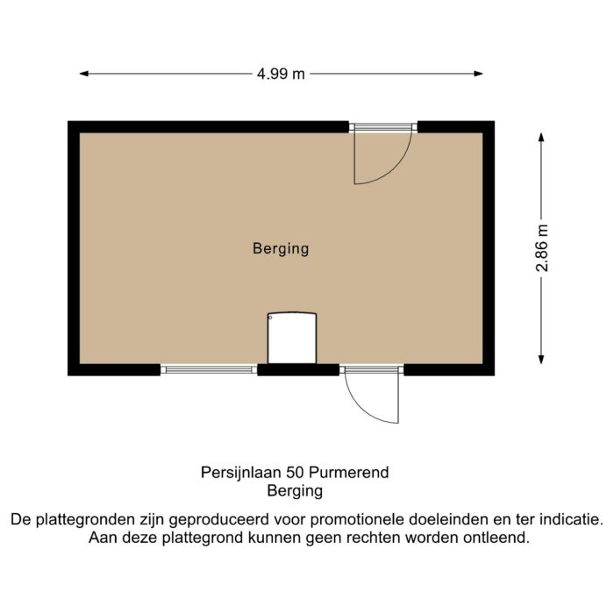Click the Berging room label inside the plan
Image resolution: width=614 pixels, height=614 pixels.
(x=281, y=248)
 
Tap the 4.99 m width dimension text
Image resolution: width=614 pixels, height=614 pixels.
(x=281, y=75)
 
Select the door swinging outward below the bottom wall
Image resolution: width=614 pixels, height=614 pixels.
(x=373, y=399)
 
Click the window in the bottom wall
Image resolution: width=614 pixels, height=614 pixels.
(x=209, y=369)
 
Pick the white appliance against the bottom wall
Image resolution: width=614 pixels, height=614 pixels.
(x=291, y=338)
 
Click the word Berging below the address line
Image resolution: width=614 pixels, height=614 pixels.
(x=295, y=491)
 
